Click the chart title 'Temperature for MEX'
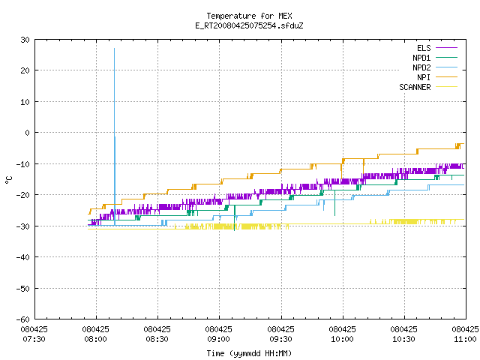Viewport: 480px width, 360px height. click(249, 16)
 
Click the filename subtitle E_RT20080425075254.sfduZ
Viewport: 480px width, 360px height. click(249, 25)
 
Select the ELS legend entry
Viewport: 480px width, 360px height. click(436, 48)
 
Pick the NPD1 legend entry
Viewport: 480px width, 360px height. click(435, 58)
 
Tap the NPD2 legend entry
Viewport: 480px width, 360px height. click(435, 67)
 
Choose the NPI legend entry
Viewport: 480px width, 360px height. click(436, 77)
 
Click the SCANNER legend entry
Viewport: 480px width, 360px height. click(428, 87)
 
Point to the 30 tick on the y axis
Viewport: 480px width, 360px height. click(25, 40)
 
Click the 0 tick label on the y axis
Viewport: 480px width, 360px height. click(27, 133)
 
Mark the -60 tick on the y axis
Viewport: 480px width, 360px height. click(22, 319)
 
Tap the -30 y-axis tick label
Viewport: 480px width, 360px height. click(22, 226)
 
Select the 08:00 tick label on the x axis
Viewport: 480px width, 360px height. click(95, 334)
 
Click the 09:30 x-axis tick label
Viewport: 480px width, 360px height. click(280, 334)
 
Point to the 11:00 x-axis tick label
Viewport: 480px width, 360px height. click(465, 334)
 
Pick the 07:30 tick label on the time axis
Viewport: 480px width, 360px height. click(34, 334)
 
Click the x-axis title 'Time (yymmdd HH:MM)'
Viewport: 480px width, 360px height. click(249, 353)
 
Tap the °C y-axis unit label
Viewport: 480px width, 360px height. click(8, 180)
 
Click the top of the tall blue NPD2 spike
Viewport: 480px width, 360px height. click(115, 48)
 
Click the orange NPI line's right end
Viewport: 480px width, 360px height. click(464, 143)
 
